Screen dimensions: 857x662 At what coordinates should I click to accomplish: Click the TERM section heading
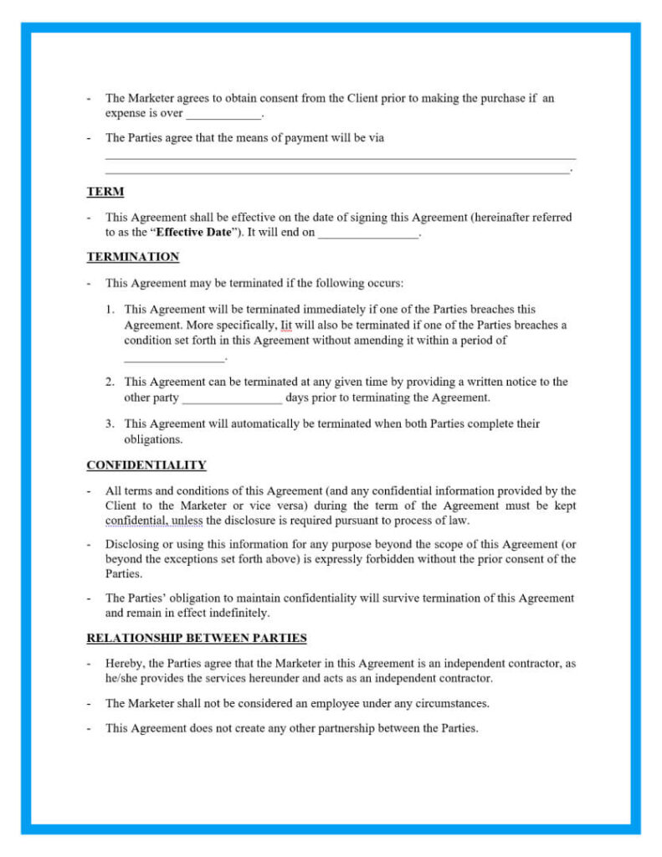click(105, 192)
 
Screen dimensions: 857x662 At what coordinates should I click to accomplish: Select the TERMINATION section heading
click(132, 257)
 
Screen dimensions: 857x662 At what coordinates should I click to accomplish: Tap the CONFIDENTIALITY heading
click(146, 465)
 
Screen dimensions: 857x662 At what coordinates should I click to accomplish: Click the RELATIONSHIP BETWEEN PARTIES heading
click(196, 638)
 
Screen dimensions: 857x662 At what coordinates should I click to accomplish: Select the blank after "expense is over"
click(223, 113)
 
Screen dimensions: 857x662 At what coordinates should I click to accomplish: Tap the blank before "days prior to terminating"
click(232, 398)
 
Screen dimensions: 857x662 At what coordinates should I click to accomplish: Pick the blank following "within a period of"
click(174, 357)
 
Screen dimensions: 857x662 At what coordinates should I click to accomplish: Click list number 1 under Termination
click(110, 309)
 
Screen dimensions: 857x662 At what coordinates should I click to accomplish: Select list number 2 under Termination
click(110, 382)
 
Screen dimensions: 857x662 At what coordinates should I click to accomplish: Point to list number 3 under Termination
click(110, 423)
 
